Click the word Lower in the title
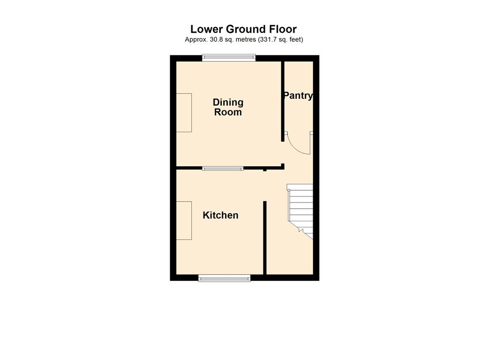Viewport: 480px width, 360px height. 207,29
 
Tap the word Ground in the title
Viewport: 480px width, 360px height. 246,29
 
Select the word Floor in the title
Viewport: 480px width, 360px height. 283,29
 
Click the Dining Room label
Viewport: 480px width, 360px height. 228,107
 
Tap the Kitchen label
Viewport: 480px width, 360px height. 220,215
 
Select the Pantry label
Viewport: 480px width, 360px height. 298,96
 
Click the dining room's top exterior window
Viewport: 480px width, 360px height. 229,58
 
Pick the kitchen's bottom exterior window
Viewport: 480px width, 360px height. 225,278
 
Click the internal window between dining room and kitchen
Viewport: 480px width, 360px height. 223,168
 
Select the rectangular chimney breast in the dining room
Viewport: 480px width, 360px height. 184,112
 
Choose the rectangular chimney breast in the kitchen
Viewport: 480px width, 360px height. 184,220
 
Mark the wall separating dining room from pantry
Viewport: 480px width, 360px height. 283,101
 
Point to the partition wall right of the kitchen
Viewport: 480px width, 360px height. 265,238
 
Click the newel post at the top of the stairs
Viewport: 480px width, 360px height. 289,190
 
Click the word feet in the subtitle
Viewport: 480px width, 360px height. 295,39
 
